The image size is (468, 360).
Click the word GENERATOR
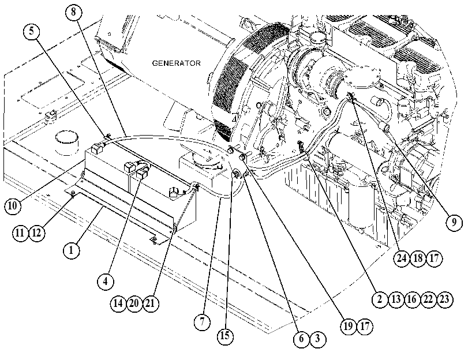click(177, 63)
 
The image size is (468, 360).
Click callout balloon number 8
click(73, 12)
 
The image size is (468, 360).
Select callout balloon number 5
click(32, 31)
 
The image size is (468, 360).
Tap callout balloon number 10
click(13, 205)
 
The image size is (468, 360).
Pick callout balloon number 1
click(72, 250)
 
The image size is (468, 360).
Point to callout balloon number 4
click(106, 281)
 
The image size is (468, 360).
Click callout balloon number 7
click(202, 322)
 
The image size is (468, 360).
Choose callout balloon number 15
click(225, 336)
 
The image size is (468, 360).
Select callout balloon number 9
click(454, 222)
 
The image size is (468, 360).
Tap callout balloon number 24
click(402, 258)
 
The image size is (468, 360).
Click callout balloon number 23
click(445, 299)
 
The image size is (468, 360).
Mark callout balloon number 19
click(349, 327)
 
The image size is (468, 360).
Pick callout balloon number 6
click(301, 339)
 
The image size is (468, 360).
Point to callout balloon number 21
click(151, 303)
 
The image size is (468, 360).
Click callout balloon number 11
click(20, 233)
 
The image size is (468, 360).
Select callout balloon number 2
click(380, 299)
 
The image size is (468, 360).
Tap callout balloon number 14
click(118, 303)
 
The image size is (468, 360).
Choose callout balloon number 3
click(317, 339)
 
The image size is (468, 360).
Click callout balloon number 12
click(36, 233)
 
